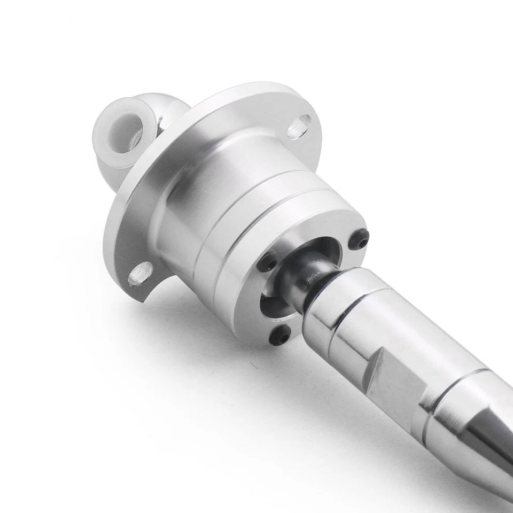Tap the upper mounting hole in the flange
tap(299, 127)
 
